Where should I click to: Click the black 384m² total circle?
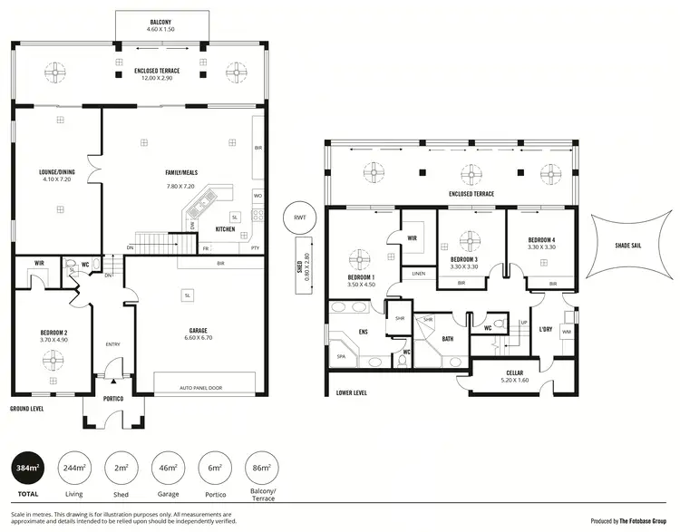tap(28, 468)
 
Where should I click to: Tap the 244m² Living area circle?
tap(73, 468)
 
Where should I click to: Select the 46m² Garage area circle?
tap(168, 468)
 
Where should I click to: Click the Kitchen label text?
tap(226, 229)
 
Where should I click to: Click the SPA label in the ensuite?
tap(341, 357)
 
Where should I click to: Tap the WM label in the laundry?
tap(567, 333)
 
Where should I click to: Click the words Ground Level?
tap(27, 409)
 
